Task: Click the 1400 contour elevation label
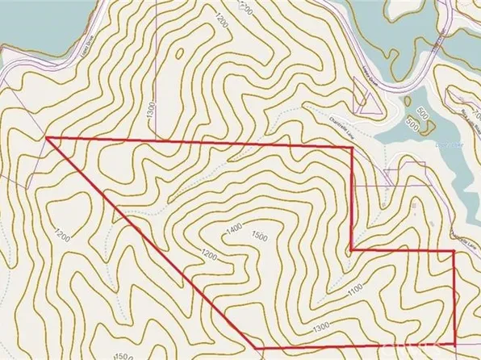(234, 230)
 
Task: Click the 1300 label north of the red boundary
(151, 114)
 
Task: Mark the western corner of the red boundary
(48, 138)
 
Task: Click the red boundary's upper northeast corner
(353, 151)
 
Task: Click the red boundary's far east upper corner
(454, 251)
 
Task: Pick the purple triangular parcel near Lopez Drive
(363, 102)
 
